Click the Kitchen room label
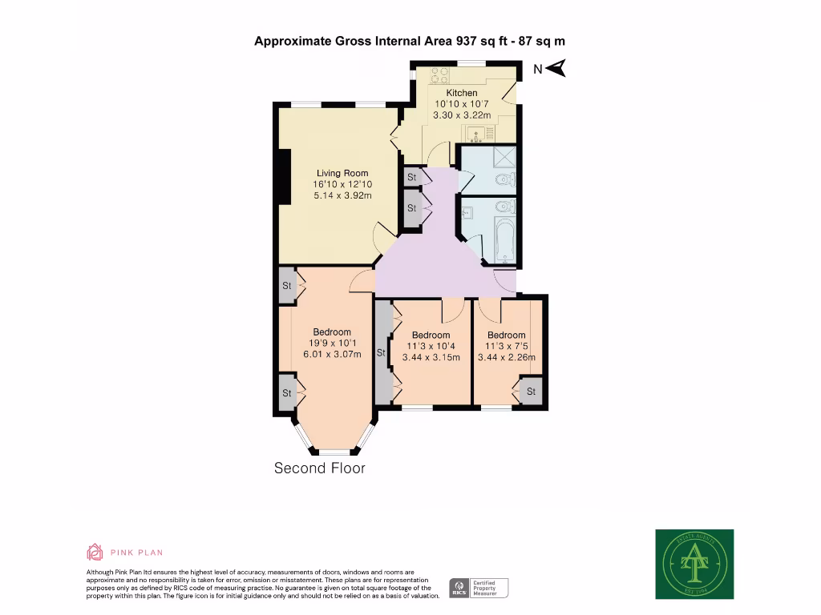pos(462,93)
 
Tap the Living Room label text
pos(342,173)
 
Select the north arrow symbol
pos(556,69)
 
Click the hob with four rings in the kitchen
pos(439,75)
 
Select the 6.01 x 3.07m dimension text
pos(332,355)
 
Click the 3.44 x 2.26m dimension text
pos(507,358)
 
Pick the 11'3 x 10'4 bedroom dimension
pos(431,347)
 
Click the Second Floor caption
pos(319,468)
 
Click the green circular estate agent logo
pos(694,565)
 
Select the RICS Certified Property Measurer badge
pos(479,589)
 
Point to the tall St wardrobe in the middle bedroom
pos(382,352)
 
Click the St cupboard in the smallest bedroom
pos(530,392)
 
